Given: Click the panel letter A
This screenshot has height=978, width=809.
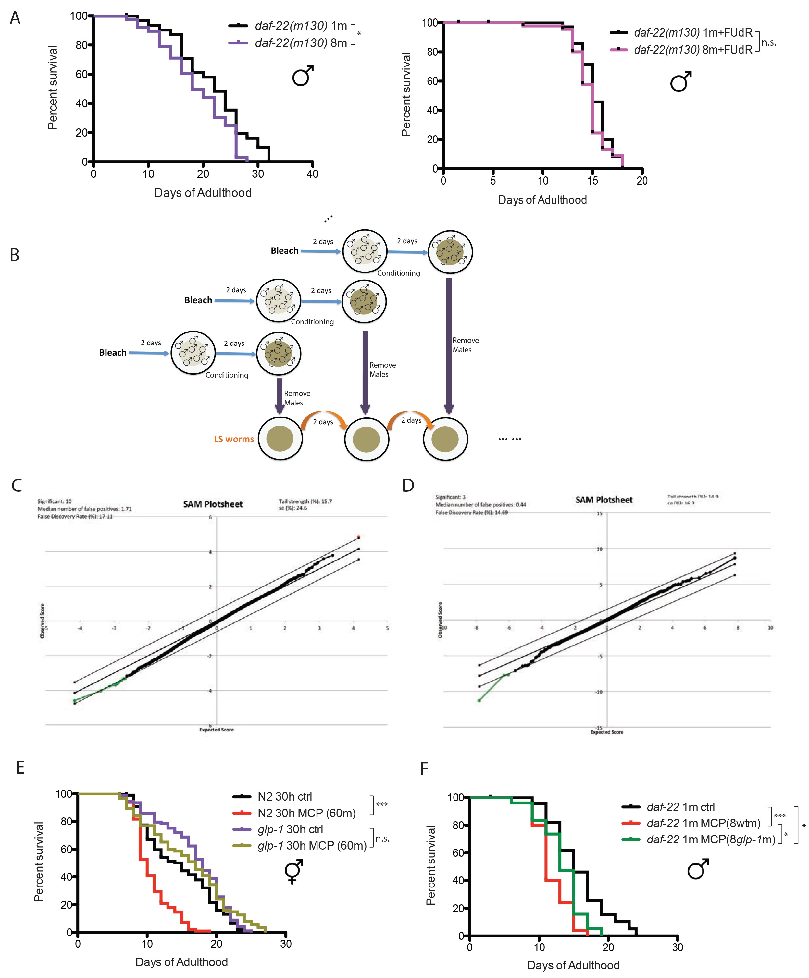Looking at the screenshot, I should [15, 18].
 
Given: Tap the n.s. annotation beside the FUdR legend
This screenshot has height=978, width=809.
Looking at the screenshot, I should [769, 43].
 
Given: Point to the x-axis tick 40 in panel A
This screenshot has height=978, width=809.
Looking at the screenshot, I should [312, 174].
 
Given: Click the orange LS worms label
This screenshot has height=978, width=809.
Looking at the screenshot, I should [234, 439].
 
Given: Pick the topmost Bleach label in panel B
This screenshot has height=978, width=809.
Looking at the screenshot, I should [284, 250].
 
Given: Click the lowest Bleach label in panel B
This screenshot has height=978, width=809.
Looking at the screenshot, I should [113, 353].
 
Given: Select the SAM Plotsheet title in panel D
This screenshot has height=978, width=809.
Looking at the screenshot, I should [604, 500].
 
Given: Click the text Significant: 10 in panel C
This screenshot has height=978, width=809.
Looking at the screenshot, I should [55, 501].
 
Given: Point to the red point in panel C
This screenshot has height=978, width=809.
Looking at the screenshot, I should [358, 537].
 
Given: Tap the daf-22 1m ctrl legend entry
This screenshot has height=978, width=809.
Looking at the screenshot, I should [680, 807].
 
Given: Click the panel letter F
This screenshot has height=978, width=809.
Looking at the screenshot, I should [424, 768].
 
